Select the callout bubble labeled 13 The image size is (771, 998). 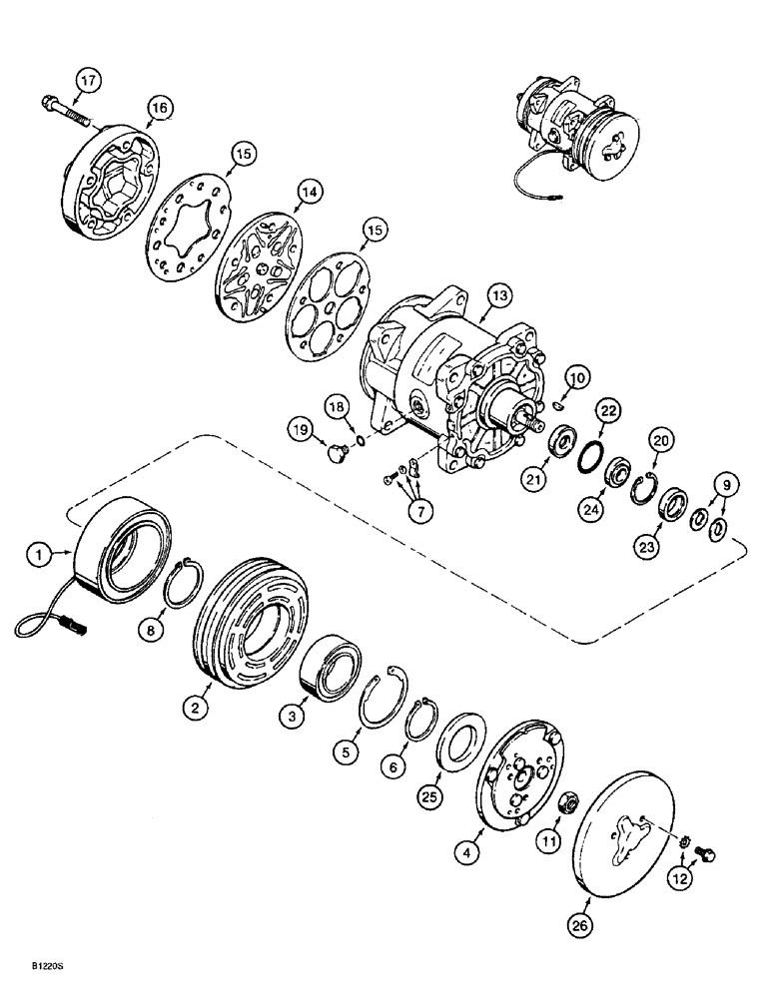[497, 296]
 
